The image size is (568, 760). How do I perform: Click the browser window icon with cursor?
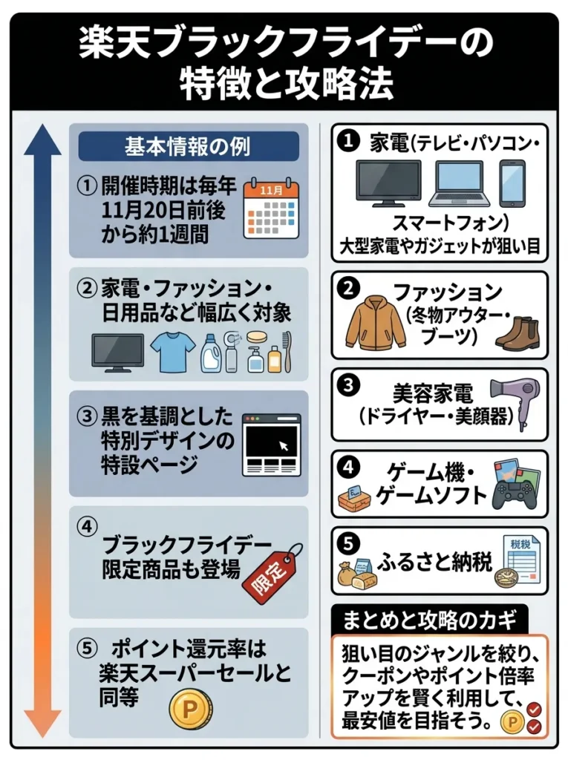[x=271, y=445]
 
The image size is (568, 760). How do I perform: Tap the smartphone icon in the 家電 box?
[x=512, y=183]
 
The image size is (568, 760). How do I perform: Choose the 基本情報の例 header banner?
[x=188, y=146]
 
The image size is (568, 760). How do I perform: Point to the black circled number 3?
[x=347, y=386]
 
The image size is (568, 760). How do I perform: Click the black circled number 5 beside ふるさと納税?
[x=347, y=543]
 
